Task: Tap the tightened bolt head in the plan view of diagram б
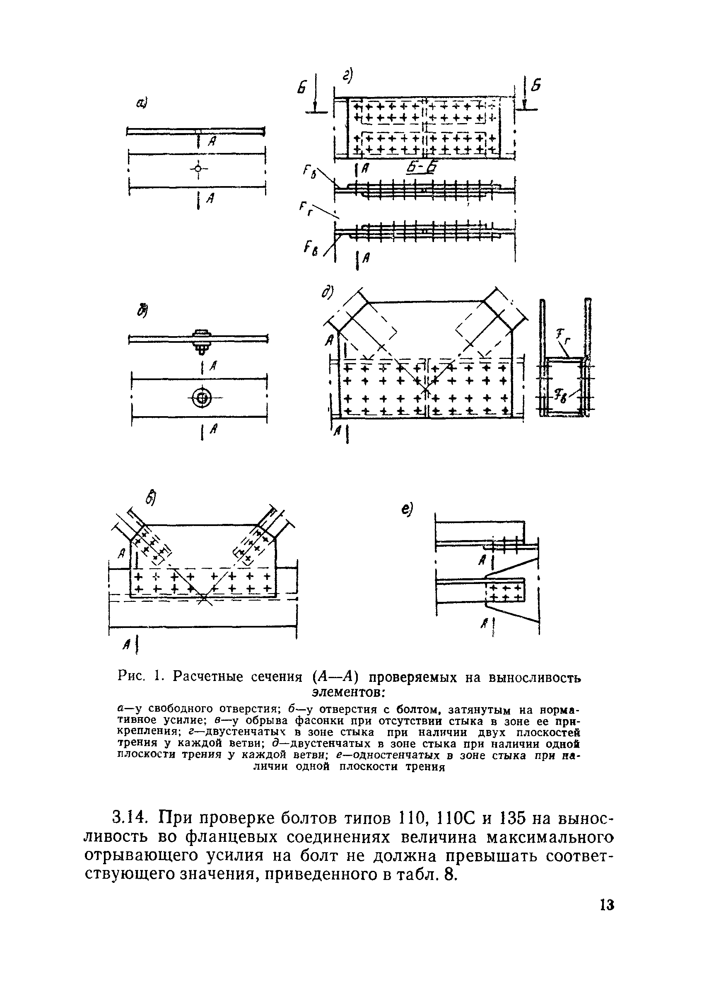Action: [202, 397]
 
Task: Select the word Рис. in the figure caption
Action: [131, 677]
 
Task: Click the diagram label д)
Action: [328, 293]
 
